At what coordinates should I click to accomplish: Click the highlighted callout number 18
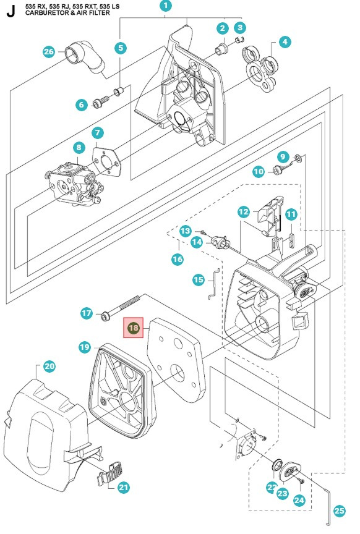[133, 328]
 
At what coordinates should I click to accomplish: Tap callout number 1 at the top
[166, 6]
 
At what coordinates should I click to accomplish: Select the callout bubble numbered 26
[49, 51]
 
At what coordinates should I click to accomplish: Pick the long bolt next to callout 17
[121, 308]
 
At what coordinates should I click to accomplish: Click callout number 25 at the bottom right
[340, 511]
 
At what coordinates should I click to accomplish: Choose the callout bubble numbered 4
[285, 42]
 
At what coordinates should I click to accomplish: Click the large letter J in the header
[11, 11]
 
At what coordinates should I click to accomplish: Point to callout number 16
[178, 260]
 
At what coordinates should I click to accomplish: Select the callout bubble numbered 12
[244, 212]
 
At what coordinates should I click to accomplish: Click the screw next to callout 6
[100, 101]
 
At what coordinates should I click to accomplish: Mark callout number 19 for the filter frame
[85, 347]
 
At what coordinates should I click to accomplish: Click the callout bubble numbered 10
[259, 171]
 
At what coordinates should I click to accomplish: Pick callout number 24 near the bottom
[299, 500]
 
